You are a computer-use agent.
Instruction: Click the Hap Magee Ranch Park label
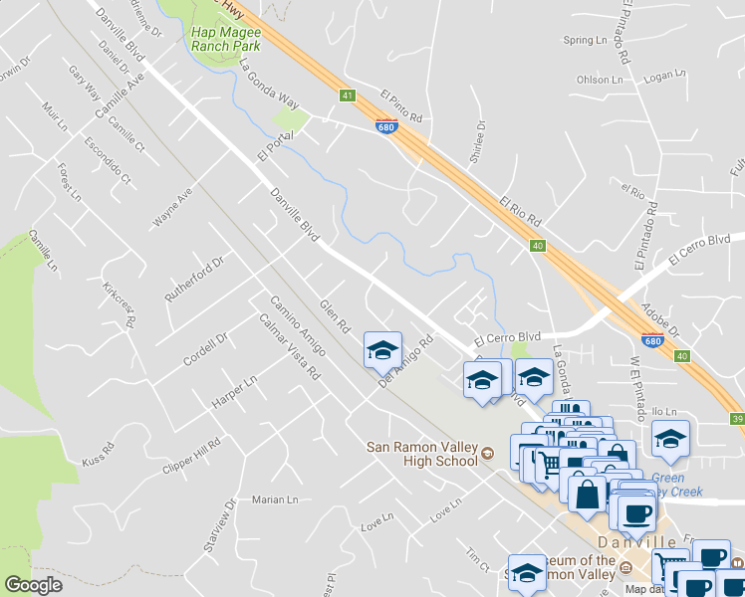point(225,38)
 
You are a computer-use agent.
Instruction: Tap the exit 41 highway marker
point(347,96)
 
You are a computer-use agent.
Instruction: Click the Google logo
point(33,584)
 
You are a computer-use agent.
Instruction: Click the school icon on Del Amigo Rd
point(382,351)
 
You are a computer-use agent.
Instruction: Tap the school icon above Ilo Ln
point(671,438)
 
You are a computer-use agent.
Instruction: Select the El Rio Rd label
point(520,210)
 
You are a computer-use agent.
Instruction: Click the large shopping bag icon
point(587,492)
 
